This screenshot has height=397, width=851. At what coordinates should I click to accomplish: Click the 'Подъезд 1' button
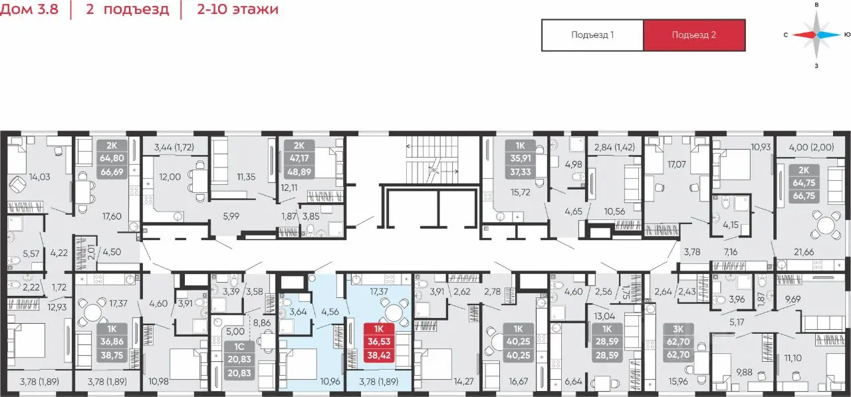[x=592, y=35]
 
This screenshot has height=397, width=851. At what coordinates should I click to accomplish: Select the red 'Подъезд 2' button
[x=694, y=35]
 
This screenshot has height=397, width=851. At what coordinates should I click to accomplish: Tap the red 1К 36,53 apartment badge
[x=379, y=342]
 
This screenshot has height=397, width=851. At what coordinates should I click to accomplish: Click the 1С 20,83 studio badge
[x=239, y=359]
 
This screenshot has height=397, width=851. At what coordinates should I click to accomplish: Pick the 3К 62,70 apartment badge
[x=678, y=342]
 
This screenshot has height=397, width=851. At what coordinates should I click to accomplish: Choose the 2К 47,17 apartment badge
[x=299, y=159]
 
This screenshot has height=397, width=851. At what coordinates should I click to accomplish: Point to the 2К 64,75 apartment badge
[x=804, y=183]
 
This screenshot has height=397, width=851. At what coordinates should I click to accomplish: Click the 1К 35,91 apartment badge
[x=521, y=159]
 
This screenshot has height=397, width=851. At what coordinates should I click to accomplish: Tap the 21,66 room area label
[x=804, y=251]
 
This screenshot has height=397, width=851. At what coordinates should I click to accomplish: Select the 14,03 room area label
[x=40, y=177]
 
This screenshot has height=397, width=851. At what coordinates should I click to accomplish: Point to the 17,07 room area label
[x=677, y=164]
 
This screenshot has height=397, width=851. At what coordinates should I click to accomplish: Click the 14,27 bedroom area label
[x=463, y=381]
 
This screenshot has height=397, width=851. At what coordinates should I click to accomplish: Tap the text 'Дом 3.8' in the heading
[x=29, y=9]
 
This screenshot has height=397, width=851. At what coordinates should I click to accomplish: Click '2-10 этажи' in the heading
[x=237, y=9]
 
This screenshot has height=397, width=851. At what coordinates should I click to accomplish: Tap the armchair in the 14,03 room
[x=17, y=186]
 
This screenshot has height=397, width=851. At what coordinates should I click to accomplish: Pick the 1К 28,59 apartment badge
[x=607, y=342]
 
